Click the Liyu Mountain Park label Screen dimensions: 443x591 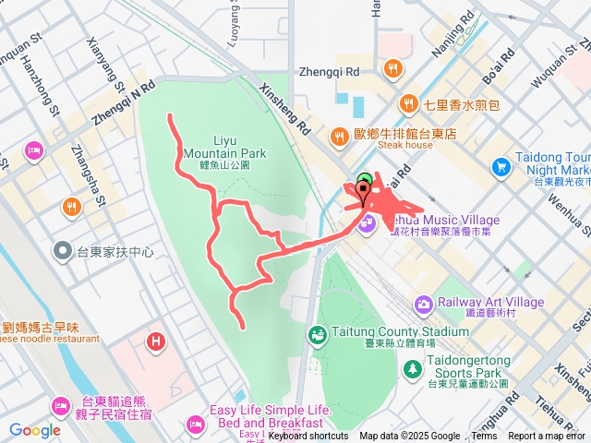(224, 146)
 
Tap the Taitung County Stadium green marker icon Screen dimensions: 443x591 (317, 332)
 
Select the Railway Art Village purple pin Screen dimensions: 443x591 (423, 304)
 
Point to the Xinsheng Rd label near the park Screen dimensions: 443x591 (285, 110)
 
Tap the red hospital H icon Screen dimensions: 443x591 (155, 342)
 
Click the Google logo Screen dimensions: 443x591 (34, 430)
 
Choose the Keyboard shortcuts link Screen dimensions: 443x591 (308, 437)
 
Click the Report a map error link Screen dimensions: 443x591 (547, 437)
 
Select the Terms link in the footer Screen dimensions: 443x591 (484, 437)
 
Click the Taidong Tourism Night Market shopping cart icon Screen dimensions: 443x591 (501, 166)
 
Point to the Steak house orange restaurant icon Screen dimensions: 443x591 (340, 134)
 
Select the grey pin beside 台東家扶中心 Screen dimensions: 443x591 (63, 250)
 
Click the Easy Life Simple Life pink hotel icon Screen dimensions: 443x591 (195, 424)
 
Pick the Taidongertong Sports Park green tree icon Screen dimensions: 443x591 (411, 368)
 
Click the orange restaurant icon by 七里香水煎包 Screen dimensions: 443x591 (408, 104)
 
